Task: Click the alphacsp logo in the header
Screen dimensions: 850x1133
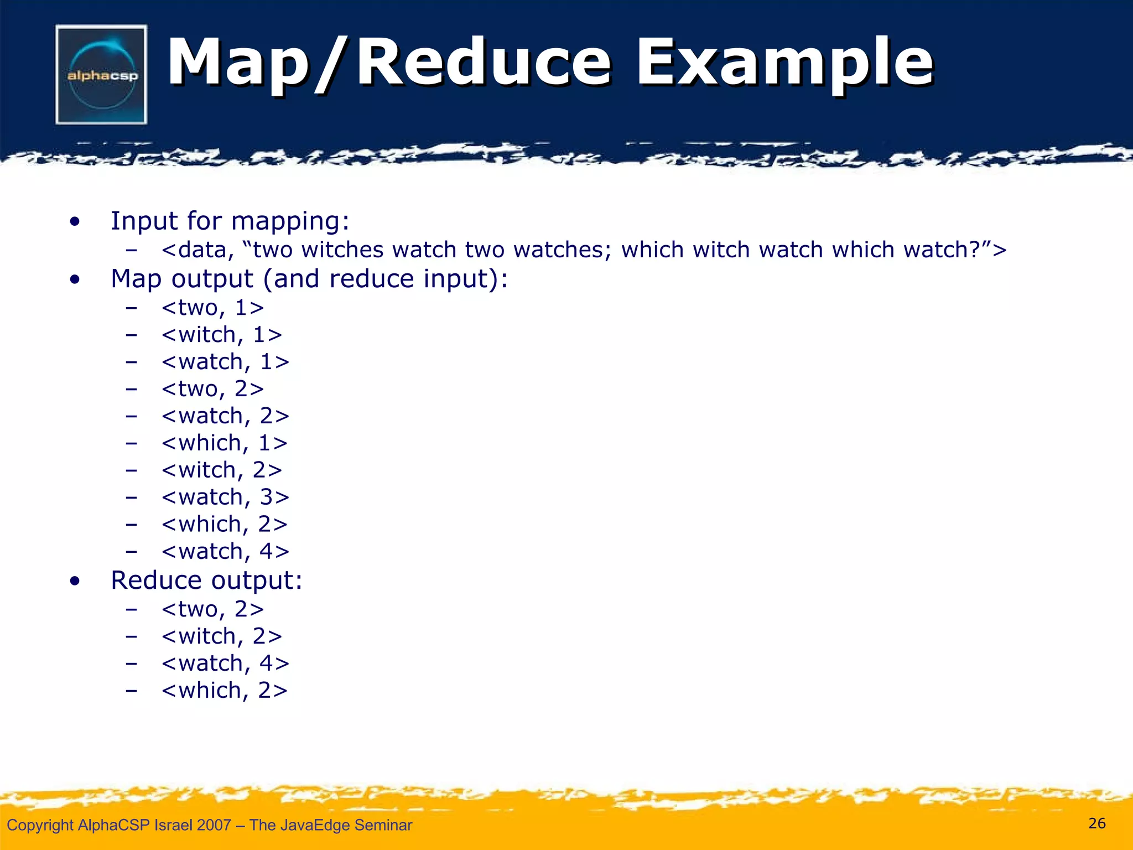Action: [x=101, y=75]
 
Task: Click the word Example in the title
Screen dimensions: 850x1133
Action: [x=784, y=62]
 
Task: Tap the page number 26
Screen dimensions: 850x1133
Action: [x=1096, y=823]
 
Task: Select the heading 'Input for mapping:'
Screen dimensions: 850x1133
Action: [x=230, y=221]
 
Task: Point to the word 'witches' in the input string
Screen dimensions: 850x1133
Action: [x=342, y=250]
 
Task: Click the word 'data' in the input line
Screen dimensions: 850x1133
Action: [x=202, y=250]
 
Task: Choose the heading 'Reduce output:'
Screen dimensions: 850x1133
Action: [x=206, y=580]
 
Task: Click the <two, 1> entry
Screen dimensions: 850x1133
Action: [x=212, y=308]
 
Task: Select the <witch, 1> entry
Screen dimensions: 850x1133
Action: [x=222, y=335]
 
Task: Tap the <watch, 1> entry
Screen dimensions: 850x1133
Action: [x=225, y=362]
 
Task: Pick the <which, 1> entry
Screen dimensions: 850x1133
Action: [x=225, y=443]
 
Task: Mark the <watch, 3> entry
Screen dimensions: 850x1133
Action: [x=225, y=497]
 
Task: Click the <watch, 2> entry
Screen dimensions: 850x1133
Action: [x=225, y=416]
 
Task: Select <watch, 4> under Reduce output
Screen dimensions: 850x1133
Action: [x=225, y=663]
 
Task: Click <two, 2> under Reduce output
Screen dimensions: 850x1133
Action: [x=212, y=609]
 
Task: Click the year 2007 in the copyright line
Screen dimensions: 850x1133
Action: [x=214, y=825]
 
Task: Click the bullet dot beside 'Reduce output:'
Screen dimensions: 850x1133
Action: [x=75, y=581]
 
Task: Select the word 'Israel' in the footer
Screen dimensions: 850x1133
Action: [x=173, y=825]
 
